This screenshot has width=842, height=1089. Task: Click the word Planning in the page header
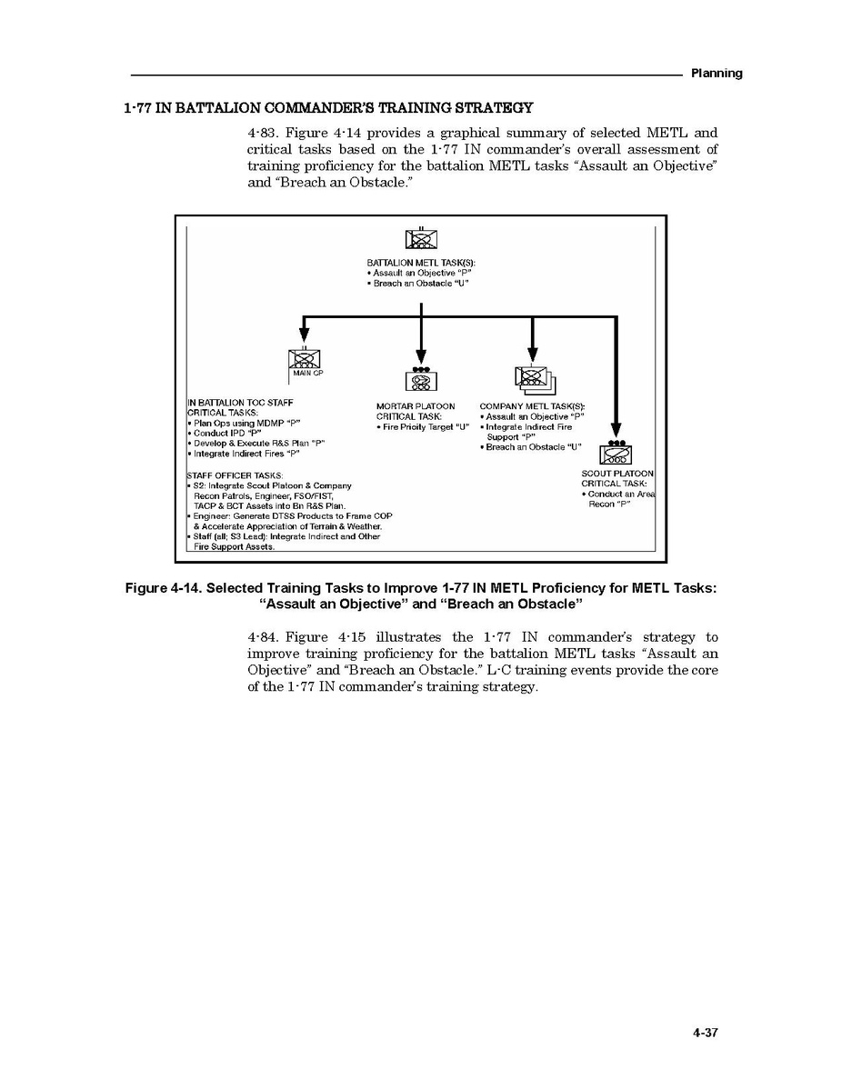pyautogui.click(x=716, y=73)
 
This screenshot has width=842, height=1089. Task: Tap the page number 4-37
pyautogui.click(x=705, y=1033)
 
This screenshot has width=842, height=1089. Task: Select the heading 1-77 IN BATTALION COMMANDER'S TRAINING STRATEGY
pyautogui.click(x=328, y=108)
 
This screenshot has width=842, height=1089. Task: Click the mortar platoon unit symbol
pyautogui.click(x=421, y=380)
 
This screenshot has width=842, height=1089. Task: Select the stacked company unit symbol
pyautogui.click(x=534, y=378)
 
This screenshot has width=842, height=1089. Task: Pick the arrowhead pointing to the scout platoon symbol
pyautogui.click(x=616, y=429)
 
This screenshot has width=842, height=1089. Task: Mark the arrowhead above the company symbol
pyautogui.click(x=533, y=353)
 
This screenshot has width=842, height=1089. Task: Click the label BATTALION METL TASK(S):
pyautogui.click(x=421, y=263)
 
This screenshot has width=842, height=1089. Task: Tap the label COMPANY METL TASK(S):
pyautogui.click(x=532, y=406)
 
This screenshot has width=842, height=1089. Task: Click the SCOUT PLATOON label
pyautogui.click(x=617, y=474)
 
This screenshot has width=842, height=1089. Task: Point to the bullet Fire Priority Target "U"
pyautogui.click(x=423, y=426)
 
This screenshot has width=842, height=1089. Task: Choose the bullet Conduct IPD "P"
pyautogui.click(x=224, y=433)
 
